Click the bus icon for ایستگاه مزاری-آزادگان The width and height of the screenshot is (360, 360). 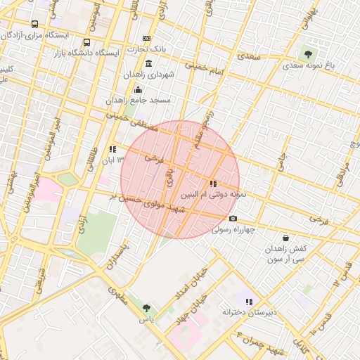click(x=35, y=24)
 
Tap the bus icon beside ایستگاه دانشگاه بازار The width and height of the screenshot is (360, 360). click(x=86, y=43)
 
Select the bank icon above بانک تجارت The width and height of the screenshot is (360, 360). click(x=146, y=38)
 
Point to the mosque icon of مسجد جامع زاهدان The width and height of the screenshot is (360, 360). click(x=138, y=89)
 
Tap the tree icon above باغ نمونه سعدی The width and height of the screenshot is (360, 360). click(x=307, y=53)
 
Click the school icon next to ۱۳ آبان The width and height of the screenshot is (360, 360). click(x=112, y=149)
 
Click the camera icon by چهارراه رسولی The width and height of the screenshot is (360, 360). click(x=233, y=219)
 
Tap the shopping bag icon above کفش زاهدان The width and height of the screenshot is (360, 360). click(x=285, y=238)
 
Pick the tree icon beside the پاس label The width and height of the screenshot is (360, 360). click(x=146, y=308)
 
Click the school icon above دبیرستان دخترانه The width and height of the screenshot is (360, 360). click(x=249, y=302)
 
